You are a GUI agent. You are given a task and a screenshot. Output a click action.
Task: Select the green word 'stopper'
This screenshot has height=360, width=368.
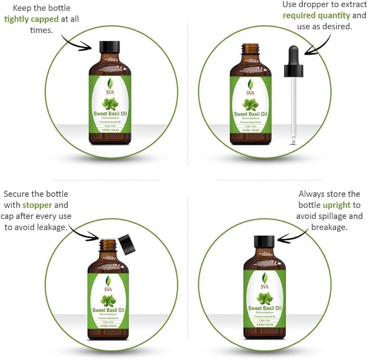[x=37, y=205]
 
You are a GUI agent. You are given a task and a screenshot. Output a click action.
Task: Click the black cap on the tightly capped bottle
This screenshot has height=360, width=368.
[x=109, y=47]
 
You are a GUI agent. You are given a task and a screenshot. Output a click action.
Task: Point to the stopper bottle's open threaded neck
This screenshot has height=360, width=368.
[x=108, y=245]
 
